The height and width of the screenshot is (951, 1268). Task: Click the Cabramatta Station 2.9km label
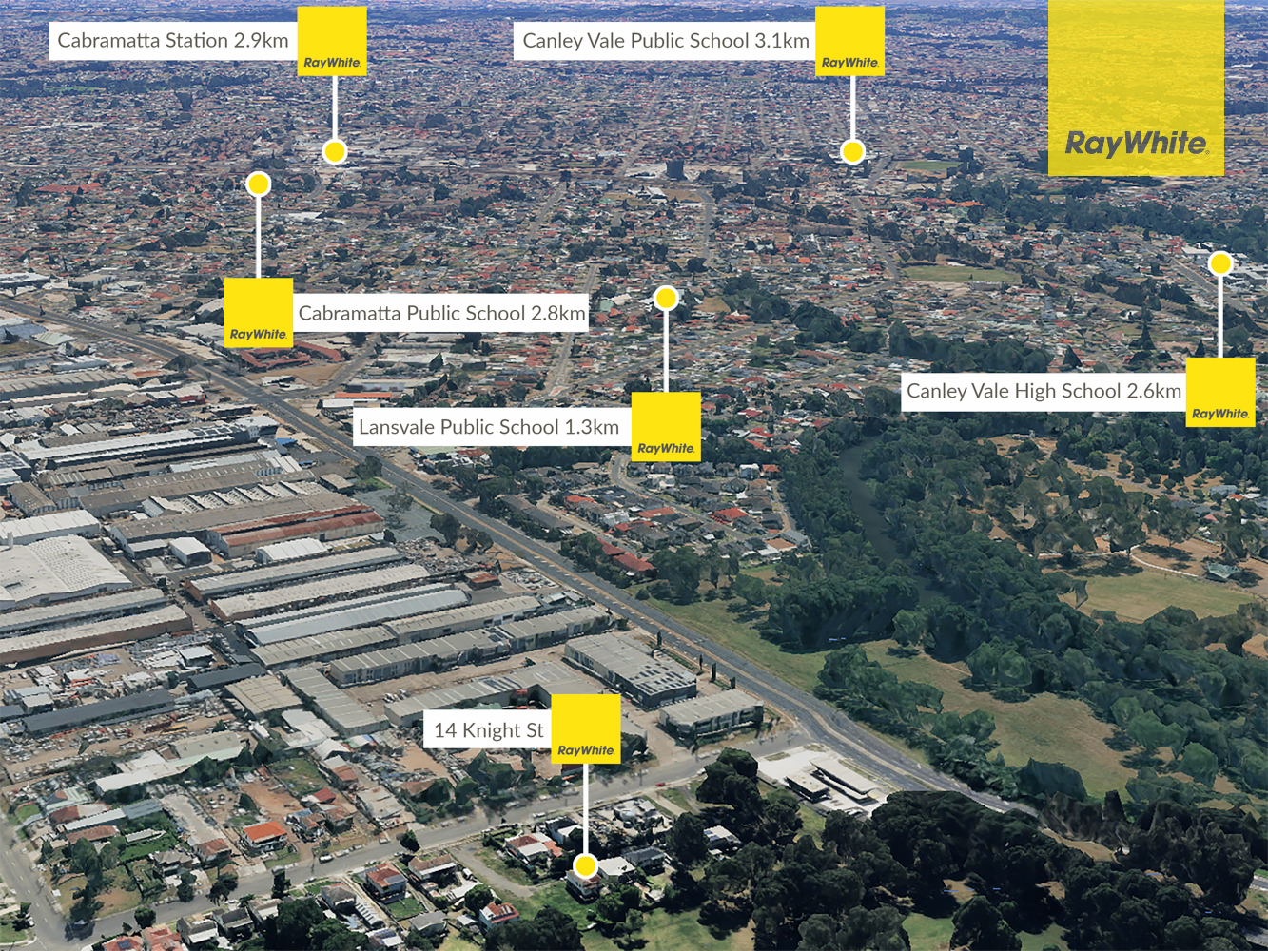173,41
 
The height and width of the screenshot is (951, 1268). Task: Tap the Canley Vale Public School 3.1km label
665,41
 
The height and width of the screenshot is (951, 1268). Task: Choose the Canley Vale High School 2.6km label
1044,392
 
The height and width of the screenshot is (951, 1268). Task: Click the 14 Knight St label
488,730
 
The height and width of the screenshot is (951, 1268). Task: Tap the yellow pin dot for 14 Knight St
585,866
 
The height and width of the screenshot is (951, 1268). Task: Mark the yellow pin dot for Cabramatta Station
335,152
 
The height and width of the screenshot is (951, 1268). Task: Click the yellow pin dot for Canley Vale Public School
852,152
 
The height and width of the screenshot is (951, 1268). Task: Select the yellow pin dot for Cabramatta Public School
258,184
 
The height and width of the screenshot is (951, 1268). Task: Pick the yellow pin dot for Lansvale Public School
666,298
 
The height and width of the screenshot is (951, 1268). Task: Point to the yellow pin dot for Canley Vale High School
1220,263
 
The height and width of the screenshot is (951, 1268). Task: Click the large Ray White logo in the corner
1136,87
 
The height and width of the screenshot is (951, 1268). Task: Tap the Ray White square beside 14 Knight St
586,728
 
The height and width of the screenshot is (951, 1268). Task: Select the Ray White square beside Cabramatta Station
332,41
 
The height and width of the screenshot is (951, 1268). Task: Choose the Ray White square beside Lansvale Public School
666,427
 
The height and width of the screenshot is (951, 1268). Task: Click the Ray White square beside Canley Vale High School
1220,392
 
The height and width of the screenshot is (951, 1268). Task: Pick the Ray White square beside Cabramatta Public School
258,313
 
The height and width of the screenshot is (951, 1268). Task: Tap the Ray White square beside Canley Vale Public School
849,41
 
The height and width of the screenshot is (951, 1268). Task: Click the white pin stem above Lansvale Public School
666,351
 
